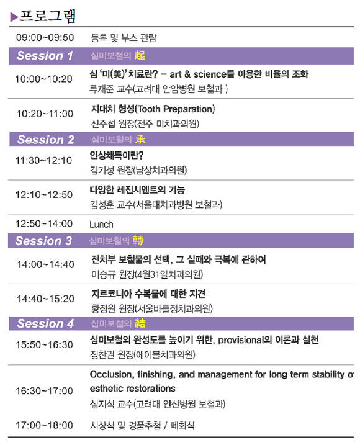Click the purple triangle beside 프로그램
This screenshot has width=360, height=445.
pyautogui.click(x=14, y=17)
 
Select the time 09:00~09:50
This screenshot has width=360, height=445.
pyautogui.click(x=45, y=37)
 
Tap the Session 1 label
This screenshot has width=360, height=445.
pyautogui.click(x=45, y=56)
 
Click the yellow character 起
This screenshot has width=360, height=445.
pyautogui.click(x=140, y=55)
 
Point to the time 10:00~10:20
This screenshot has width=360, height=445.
pyautogui.click(x=43, y=79)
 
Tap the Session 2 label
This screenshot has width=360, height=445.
pyautogui.click(x=46, y=140)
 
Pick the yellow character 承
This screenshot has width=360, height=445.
pyautogui.click(x=140, y=140)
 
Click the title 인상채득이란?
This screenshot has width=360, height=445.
pyautogui.click(x=117, y=155)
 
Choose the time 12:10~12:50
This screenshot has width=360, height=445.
pyautogui.click(x=44, y=195)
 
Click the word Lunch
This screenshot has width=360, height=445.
pyautogui.click(x=101, y=225)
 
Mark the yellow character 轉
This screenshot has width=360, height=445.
pyautogui.click(x=138, y=240)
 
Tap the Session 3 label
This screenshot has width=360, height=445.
pyautogui.click(x=43, y=241)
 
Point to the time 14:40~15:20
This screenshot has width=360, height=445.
pyautogui.click(x=45, y=299)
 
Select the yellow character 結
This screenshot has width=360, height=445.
pyautogui.click(x=140, y=323)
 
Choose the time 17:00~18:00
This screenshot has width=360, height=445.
pyautogui.click(x=44, y=425)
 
